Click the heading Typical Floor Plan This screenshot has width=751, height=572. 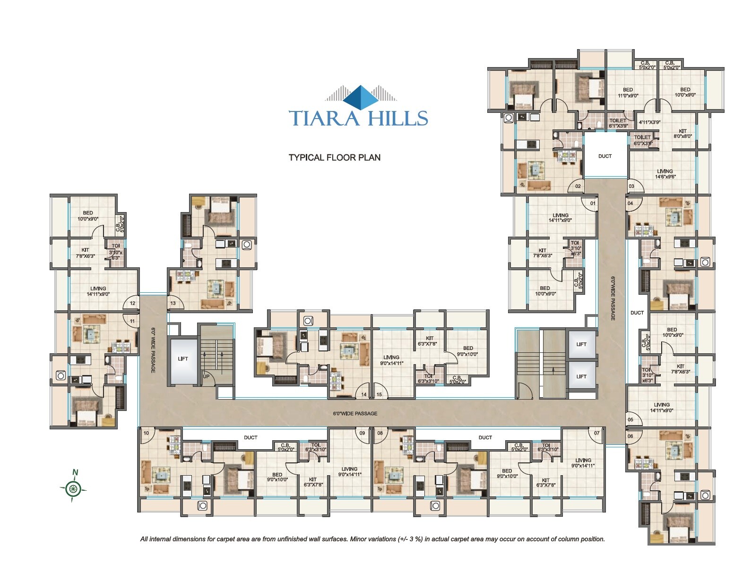coord(335,157)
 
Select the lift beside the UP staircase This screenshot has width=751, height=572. coord(183,359)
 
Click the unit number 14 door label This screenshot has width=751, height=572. coord(364,394)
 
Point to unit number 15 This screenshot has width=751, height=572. coord(379,394)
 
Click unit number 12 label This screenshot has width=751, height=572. coord(132,304)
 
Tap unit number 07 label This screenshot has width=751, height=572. coord(597,433)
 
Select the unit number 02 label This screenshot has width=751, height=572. coord(578,187)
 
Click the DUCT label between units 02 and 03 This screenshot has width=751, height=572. coord(605,156)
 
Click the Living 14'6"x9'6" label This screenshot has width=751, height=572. coord(665,174)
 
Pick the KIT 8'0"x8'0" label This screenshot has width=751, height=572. coord(682,134)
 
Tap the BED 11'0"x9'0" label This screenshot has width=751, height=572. coord(628,92)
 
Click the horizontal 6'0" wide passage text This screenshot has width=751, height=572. coord(355,413)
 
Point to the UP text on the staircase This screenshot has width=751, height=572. coord(206,376)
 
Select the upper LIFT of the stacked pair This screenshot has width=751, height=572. coord(581,344)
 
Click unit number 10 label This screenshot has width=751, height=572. coord(146,433)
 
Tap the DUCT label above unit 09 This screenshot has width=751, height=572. coord(250,437)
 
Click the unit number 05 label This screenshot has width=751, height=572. coord(630,419)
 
